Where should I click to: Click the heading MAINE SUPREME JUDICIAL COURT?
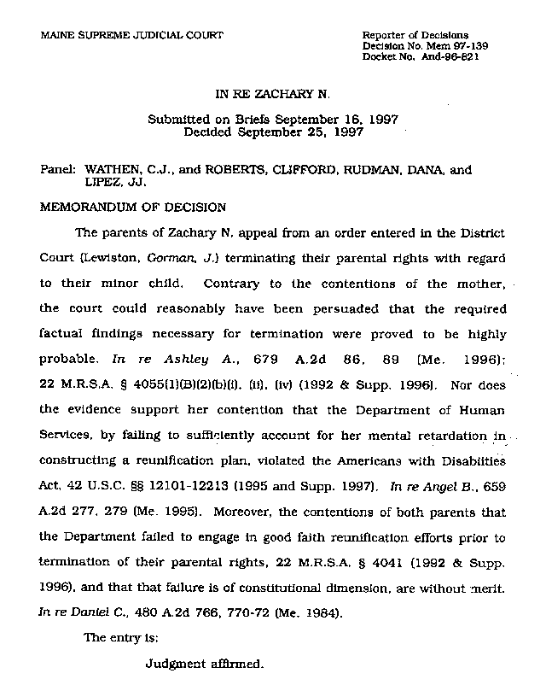[132, 35]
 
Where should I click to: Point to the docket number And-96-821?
[462, 56]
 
